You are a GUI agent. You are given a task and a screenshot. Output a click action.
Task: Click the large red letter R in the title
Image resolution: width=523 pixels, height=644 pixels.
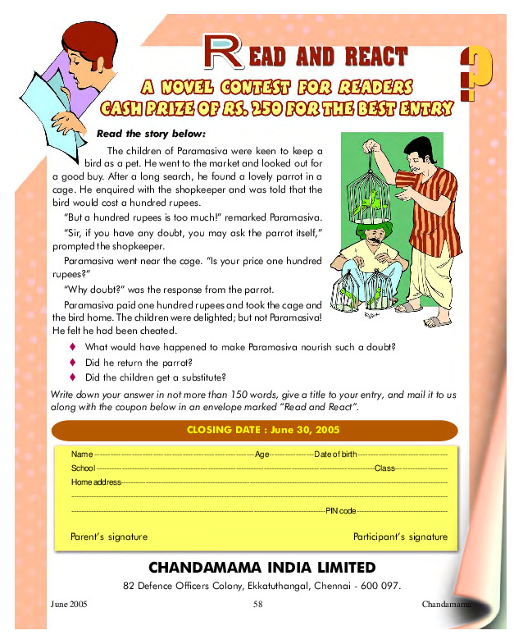222,53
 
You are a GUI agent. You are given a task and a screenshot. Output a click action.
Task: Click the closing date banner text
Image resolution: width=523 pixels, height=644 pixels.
262,430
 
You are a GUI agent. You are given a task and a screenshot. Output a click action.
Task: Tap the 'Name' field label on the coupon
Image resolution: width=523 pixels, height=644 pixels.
82,454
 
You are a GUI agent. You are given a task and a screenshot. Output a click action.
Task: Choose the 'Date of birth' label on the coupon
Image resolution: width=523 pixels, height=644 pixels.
335,454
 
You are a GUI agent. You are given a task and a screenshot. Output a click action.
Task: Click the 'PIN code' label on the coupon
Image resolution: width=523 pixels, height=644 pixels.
341,510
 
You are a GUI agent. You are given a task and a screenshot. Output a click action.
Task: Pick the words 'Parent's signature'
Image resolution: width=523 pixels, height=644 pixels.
109,537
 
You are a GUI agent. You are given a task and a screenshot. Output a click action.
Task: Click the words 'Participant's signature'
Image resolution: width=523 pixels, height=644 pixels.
400,537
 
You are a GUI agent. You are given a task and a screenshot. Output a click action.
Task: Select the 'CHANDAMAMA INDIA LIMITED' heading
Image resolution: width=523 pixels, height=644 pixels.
262,567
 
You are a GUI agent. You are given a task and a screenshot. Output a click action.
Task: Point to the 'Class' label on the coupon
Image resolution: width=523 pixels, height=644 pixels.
384,468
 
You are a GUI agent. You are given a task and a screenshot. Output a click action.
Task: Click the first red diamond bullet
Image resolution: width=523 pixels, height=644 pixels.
72,347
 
